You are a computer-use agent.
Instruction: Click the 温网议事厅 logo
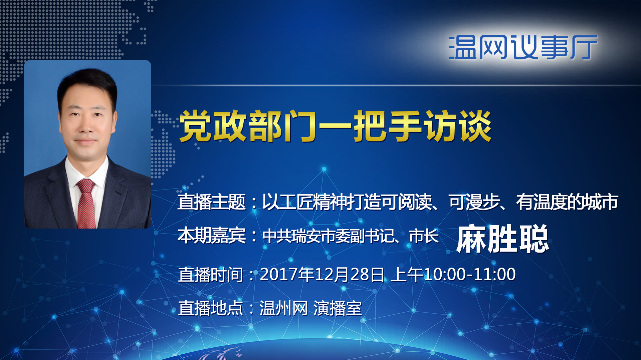click(523, 47)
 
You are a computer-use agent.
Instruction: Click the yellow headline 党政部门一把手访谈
click(336, 126)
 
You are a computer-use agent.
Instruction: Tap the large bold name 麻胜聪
click(502, 239)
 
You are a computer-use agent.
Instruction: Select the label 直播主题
click(212, 202)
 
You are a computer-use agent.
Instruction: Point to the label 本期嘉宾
click(212, 236)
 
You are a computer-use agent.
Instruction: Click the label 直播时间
click(211, 275)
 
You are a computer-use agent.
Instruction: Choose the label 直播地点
click(211, 308)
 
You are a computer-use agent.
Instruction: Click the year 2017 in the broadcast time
click(279, 274)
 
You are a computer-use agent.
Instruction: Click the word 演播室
click(338, 308)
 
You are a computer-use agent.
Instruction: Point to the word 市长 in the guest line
click(424, 236)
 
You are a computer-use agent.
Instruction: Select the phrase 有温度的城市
click(567, 202)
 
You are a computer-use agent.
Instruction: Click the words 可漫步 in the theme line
click(474, 202)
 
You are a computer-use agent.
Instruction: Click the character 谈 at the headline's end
click(475, 126)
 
